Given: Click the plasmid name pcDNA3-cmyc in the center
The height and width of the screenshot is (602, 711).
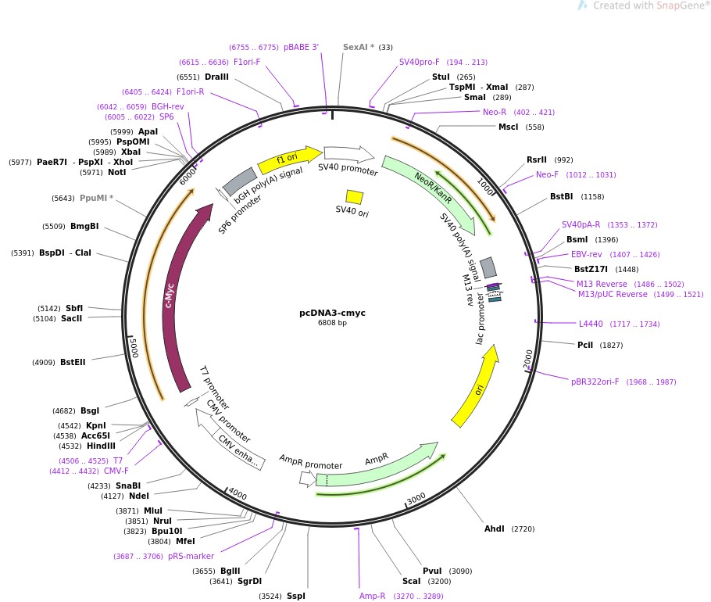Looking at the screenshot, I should (332, 313).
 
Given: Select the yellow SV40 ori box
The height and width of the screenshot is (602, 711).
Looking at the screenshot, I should (354, 197).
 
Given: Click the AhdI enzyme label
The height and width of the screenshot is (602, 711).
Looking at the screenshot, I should (495, 529).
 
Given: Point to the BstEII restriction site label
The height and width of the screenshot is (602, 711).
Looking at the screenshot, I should (73, 363).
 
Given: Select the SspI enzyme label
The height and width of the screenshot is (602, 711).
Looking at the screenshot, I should (296, 597).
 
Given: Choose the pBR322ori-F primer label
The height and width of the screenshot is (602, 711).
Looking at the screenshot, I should (595, 382).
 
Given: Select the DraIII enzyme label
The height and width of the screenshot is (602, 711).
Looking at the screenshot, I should (216, 77).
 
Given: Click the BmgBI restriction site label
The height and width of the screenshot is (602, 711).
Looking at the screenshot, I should (84, 227).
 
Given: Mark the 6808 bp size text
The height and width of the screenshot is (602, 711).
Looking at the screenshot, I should (332, 323).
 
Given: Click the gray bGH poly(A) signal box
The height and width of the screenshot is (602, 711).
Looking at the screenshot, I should (240, 181).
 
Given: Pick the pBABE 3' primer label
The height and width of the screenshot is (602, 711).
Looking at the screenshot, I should (302, 47).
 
